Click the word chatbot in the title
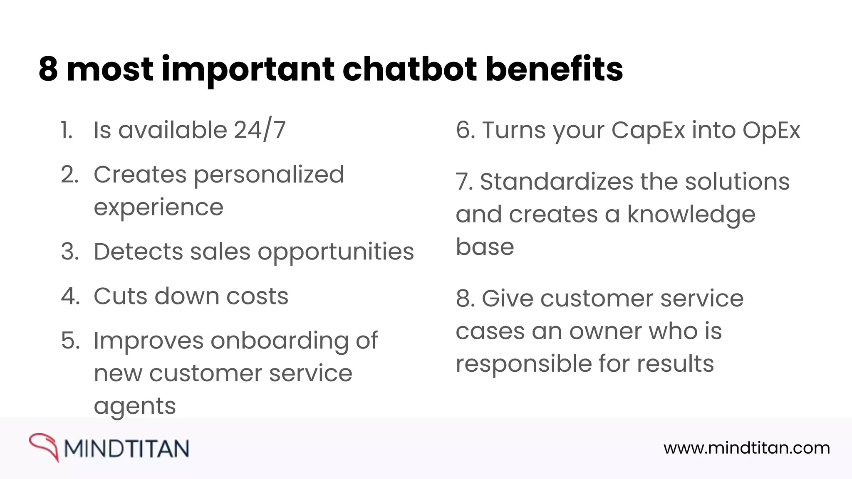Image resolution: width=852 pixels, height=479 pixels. pos(409,69)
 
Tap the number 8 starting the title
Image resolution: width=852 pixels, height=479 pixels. pos(48,69)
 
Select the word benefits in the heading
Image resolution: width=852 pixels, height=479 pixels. pos(554,69)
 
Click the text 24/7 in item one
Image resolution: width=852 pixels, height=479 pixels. pos(260,130)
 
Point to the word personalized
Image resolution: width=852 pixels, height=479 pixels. pos(269,175)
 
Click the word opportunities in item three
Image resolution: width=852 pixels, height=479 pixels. pos(336,252)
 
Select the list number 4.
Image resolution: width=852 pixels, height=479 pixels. pos(70,296)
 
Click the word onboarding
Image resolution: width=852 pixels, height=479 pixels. pos(280,341)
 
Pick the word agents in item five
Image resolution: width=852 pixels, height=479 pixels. pos(135,406)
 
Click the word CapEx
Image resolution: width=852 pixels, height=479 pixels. pos(648,131)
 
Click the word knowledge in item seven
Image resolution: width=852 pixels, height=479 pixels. pos(691,215)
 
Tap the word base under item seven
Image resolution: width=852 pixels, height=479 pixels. pos(485,247)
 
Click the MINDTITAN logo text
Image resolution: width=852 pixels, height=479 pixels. pos(126,449)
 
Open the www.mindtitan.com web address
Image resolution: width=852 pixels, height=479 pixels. pos(746,448)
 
